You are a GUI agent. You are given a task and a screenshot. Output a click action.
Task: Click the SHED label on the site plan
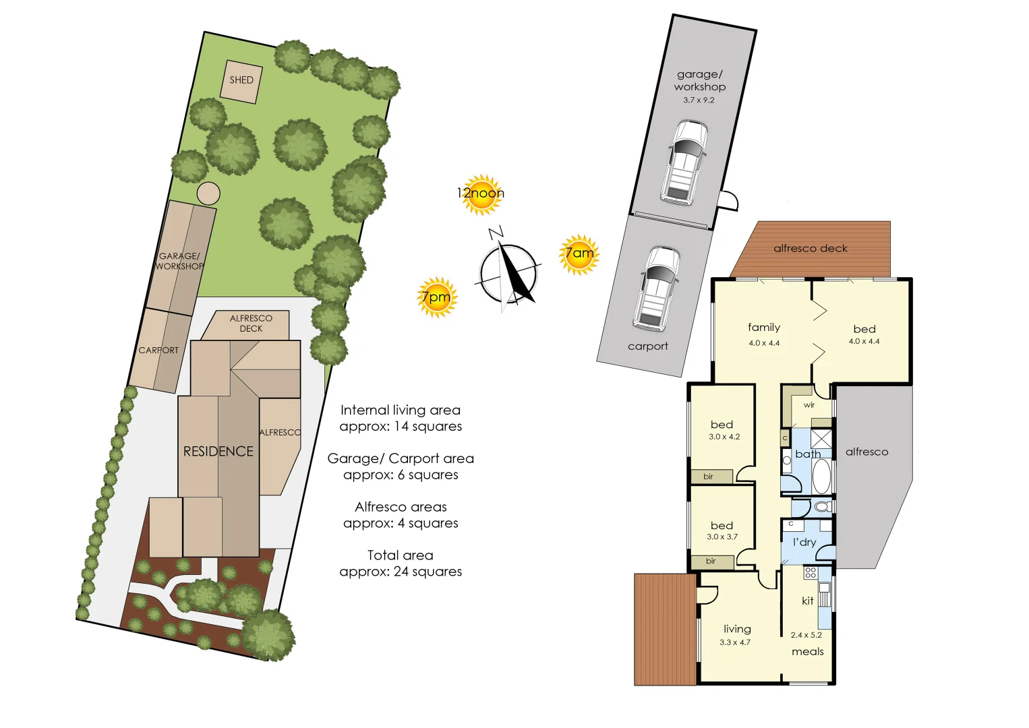[x=241, y=80]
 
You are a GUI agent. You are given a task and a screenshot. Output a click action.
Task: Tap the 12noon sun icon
[x=481, y=194]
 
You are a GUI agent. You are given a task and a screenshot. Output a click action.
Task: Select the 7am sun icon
[x=579, y=254]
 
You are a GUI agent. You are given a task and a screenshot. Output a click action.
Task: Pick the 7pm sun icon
[x=436, y=297]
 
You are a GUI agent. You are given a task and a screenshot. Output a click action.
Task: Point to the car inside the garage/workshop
[x=684, y=162]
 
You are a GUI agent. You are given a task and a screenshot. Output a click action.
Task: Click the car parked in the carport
[x=656, y=289]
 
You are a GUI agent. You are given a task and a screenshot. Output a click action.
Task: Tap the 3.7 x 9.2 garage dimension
[x=699, y=100]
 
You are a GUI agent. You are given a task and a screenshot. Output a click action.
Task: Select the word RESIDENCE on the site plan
[x=218, y=452]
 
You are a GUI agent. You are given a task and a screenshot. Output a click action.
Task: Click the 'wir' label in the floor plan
[x=809, y=405]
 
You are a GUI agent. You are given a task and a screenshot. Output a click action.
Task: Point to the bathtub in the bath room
[x=821, y=475]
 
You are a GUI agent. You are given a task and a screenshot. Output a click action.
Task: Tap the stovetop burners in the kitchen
[x=811, y=573]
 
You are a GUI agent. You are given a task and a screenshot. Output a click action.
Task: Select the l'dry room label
[x=804, y=542]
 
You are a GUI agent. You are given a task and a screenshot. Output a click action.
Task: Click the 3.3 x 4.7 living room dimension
[x=734, y=642]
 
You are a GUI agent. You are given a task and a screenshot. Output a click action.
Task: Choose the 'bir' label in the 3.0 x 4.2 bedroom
[x=708, y=477]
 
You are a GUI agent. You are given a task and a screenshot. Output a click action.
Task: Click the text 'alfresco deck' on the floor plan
[x=811, y=249]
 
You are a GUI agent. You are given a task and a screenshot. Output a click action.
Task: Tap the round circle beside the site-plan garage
[x=208, y=193]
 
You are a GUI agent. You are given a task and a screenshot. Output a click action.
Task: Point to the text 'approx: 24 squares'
[x=401, y=572]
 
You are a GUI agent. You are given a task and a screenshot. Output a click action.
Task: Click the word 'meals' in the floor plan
[x=808, y=651]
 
